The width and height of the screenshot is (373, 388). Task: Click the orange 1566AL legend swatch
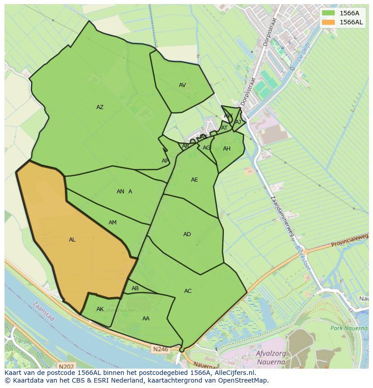(328, 22)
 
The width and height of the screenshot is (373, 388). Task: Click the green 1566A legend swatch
(328, 13)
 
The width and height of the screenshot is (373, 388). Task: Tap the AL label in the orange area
(72, 240)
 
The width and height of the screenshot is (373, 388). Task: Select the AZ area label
(100, 107)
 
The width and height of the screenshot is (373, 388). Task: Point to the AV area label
(182, 85)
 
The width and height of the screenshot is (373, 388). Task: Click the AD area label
(187, 234)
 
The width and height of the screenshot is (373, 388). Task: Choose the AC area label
(188, 291)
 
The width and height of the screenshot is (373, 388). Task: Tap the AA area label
(146, 319)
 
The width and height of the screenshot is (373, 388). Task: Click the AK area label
(100, 309)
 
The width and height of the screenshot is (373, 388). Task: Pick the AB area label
(135, 288)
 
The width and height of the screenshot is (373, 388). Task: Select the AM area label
(113, 223)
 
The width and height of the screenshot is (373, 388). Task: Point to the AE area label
(194, 180)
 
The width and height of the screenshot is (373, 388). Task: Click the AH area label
(227, 149)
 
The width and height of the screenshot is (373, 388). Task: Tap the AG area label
(206, 148)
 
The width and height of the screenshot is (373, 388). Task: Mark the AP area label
(165, 161)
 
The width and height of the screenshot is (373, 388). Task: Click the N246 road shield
(160, 349)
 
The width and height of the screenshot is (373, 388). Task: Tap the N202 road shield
(66, 366)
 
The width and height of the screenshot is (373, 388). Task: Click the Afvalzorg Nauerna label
(270, 357)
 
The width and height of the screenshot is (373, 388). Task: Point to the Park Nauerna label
(349, 328)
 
